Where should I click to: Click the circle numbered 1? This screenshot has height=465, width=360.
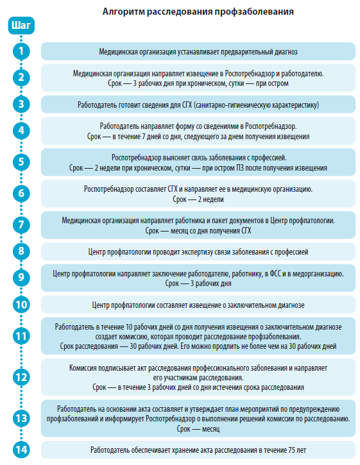21,51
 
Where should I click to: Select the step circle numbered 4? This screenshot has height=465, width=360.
21,131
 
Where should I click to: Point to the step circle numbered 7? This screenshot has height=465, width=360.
21,224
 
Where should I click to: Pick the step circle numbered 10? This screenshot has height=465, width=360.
21,305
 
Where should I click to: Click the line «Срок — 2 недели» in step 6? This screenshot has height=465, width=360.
198,199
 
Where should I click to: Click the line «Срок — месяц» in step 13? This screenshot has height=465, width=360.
198,428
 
